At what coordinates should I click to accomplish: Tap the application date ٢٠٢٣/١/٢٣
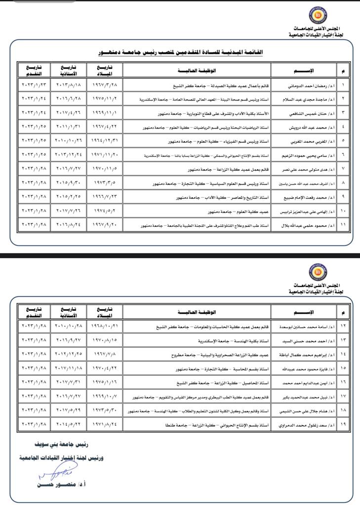coord(34,85)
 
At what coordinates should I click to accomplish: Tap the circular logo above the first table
coord(317,15)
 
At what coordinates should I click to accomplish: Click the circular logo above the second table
coord(317,272)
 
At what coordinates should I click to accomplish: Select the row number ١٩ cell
coord(343,424)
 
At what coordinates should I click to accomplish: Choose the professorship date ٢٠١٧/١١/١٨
coord(68,368)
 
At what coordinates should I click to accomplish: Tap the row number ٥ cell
coord(343,141)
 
